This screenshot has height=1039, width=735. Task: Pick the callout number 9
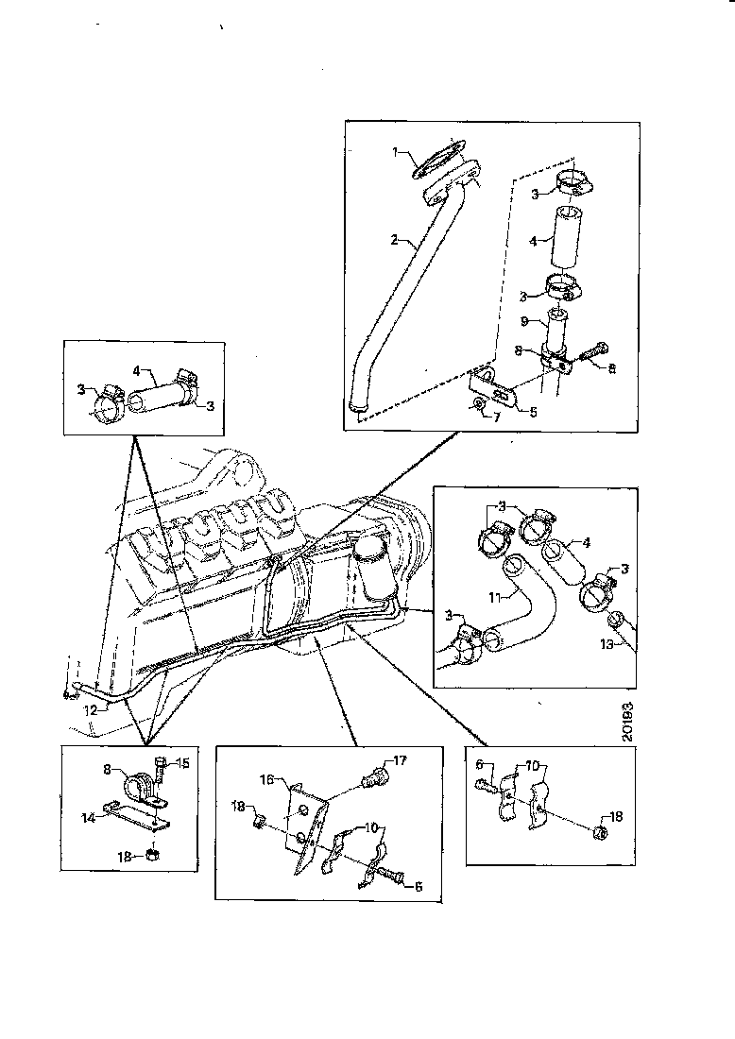click(x=536, y=320)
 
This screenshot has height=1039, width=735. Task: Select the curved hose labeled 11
click(x=515, y=619)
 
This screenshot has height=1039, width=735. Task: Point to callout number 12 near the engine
click(x=92, y=708)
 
